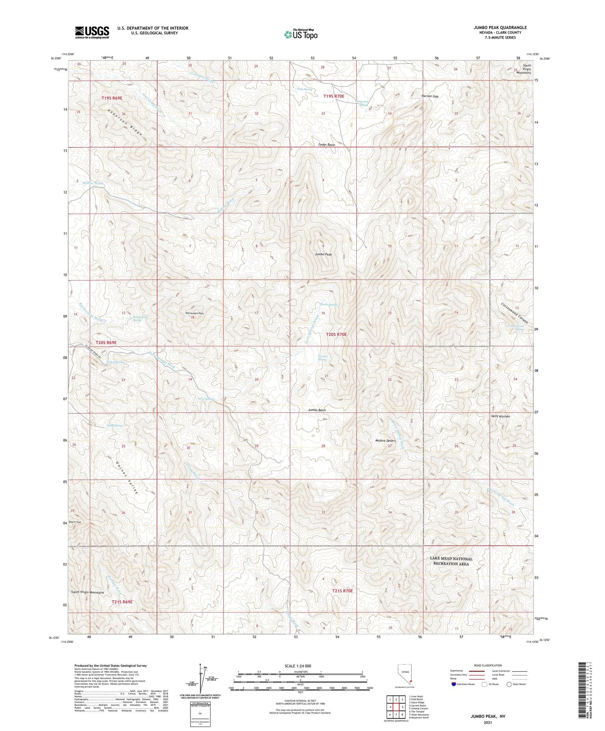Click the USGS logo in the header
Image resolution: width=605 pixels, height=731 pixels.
coord(92,32)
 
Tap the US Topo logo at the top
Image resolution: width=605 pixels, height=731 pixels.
coord(301,34)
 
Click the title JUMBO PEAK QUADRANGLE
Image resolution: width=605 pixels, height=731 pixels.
coord(500,28)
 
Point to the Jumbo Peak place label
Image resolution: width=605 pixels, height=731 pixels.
coord(323,254)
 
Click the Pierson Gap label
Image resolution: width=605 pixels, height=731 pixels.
coord(430,96)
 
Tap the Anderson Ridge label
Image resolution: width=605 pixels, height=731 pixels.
coord(124,122)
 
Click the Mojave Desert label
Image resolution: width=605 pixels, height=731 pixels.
coord(385,440)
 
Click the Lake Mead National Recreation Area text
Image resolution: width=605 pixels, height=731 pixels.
coord(451,561)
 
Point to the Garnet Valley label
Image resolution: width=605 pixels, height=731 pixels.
coord(127,477)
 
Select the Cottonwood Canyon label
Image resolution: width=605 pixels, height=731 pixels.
coord(515,313)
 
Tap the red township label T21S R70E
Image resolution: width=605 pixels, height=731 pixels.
coord(342,591)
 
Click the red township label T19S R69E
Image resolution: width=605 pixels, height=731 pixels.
coord(112,98)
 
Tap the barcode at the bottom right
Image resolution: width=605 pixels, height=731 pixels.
coord(582,689)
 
